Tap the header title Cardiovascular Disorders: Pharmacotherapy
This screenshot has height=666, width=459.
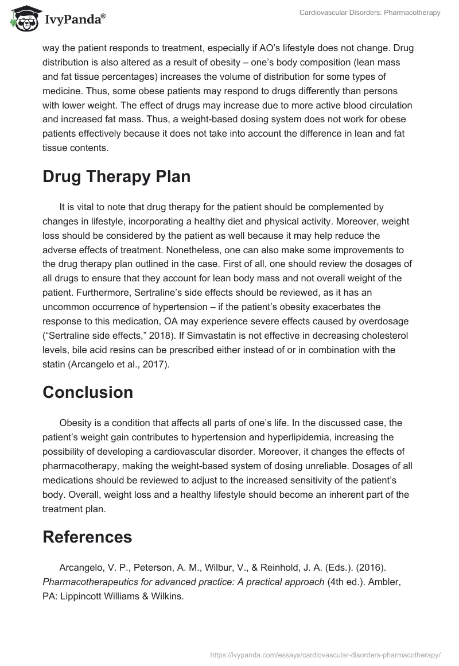pos(370,13)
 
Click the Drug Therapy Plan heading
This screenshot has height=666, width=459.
pos(116,177)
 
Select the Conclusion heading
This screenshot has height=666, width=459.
pos(88,392)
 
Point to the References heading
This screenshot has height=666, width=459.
pos(87,536)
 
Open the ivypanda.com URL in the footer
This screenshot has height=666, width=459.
pos(325,654)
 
